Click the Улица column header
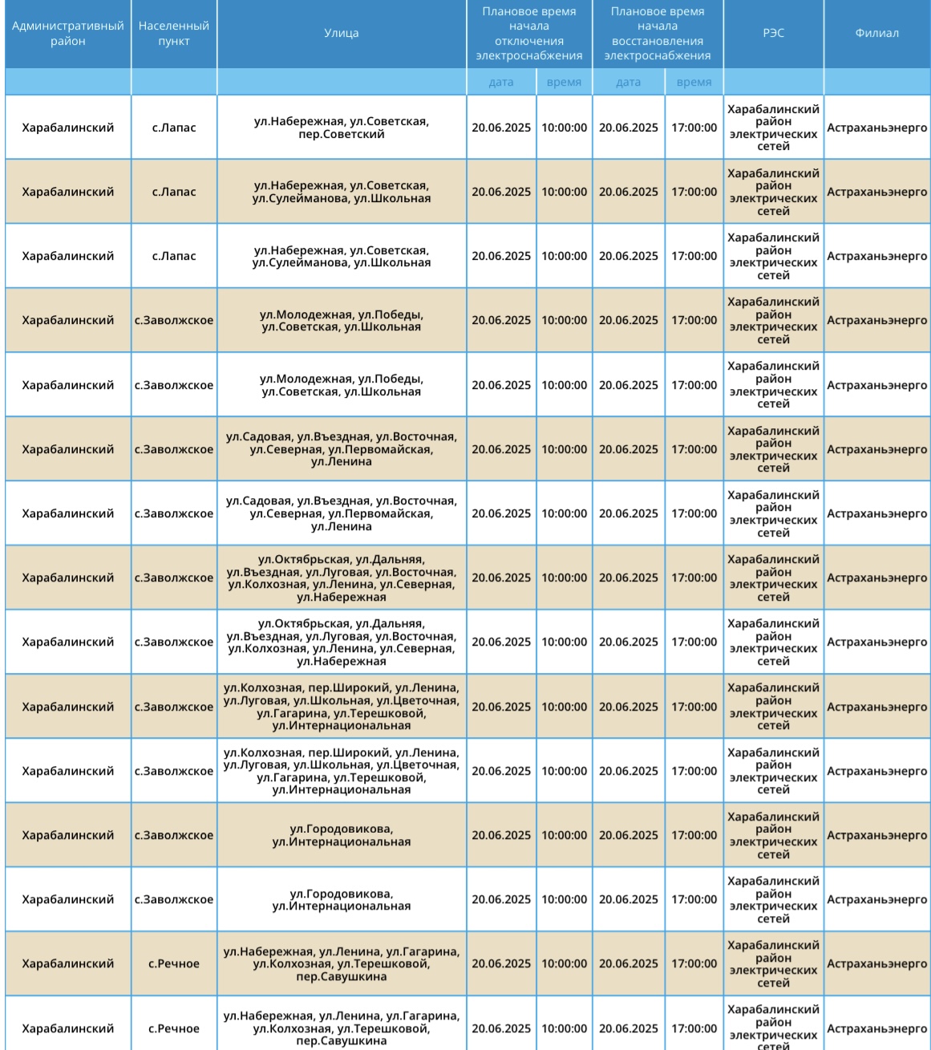341,34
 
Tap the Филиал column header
876,34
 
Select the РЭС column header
773,34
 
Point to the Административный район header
67,34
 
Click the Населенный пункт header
173,34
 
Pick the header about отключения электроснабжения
528,34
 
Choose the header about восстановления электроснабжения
657,34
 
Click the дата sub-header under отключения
500,82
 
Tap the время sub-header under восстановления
694,82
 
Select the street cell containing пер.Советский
341,128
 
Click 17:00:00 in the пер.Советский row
694,128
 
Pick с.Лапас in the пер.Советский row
173,128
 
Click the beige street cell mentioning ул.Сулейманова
341,192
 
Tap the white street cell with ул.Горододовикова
341,900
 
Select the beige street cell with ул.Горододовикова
341,835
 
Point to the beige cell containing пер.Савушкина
341,964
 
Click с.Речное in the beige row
173,964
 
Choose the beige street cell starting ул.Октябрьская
341,578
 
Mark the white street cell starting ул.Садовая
341,513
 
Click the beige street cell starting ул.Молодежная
341,320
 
